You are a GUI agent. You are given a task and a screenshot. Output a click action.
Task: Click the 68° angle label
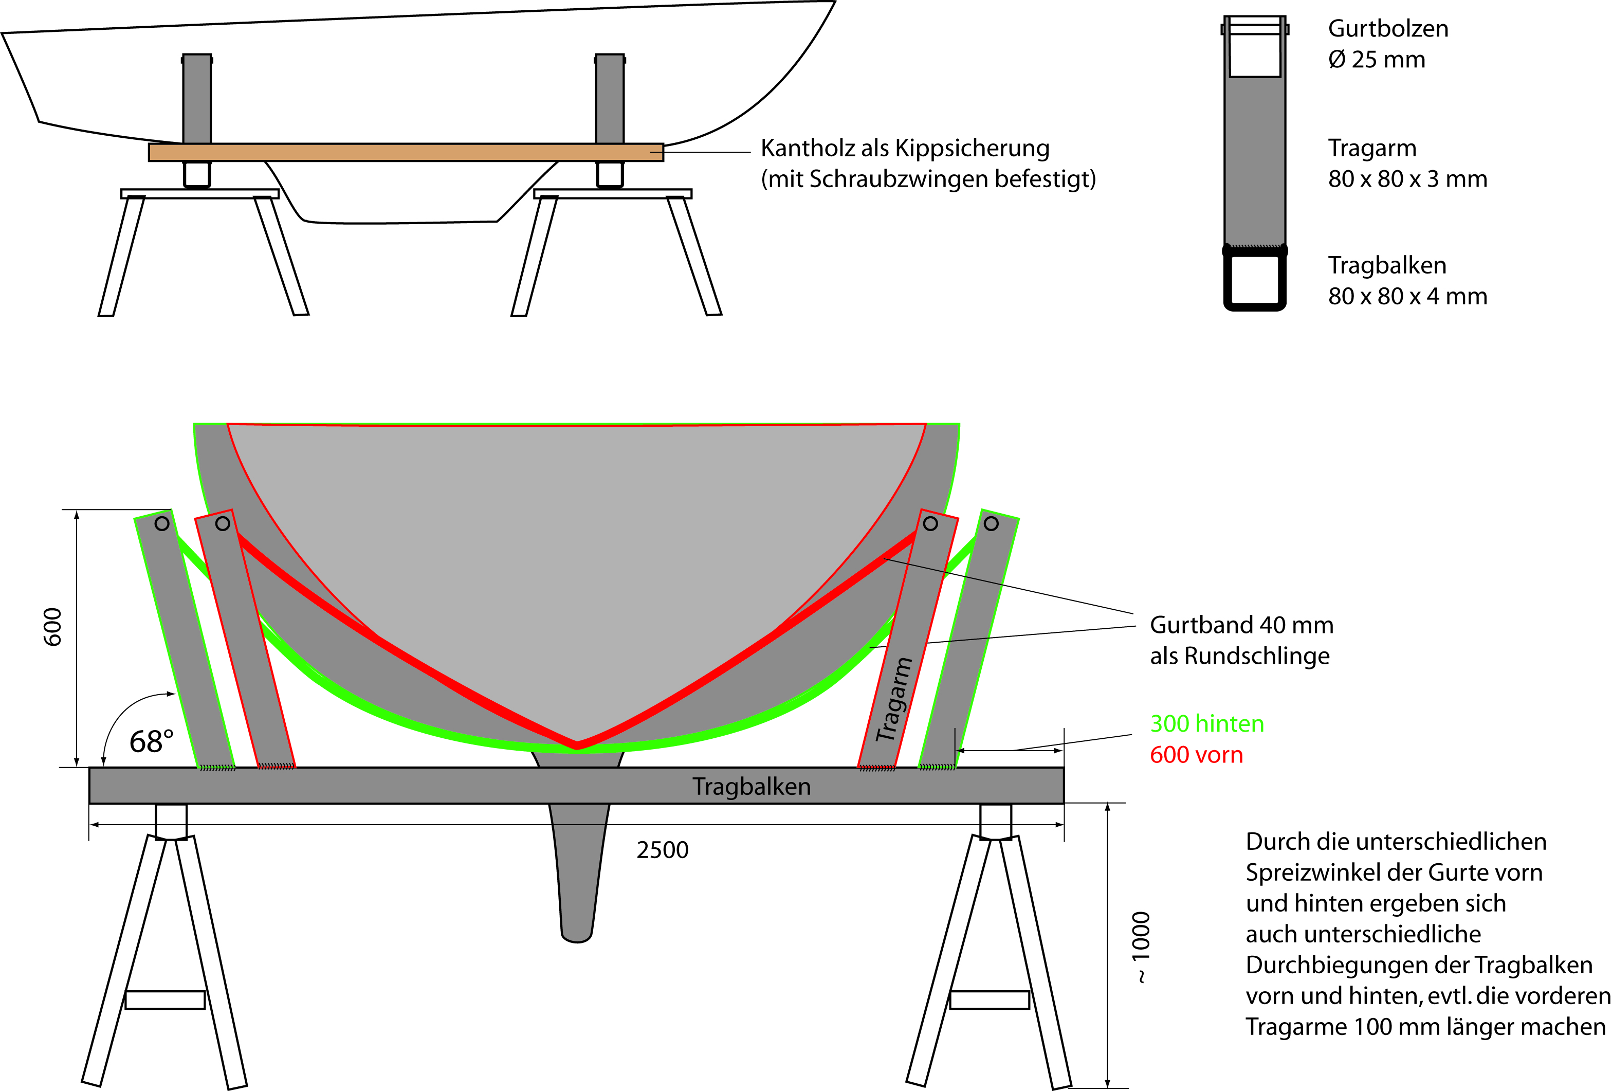point(151,742)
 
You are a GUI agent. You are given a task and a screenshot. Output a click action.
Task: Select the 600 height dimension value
point(53,627)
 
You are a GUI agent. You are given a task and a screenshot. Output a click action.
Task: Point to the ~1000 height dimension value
point(1140,947)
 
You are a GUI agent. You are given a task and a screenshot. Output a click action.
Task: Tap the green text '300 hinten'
point(1206,723)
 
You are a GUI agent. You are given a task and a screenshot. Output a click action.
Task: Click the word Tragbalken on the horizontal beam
point(751,787)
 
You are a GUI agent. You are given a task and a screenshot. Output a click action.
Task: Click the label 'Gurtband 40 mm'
point(1241,625)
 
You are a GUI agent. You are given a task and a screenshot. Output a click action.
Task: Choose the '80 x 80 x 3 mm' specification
point(1407,179)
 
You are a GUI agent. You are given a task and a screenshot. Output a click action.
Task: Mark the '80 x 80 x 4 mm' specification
point(1407,296)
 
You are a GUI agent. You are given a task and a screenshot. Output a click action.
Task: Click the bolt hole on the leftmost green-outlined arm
point(161,524)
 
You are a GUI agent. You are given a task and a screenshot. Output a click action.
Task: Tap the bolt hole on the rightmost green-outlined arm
point(991,524)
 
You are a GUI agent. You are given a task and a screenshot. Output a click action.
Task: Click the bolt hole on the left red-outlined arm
point(223,524)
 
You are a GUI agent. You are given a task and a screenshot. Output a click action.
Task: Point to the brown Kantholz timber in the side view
point(406,153)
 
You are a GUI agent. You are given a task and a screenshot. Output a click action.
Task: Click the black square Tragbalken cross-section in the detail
point(1255,280)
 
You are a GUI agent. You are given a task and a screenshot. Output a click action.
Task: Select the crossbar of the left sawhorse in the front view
point(165,999)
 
